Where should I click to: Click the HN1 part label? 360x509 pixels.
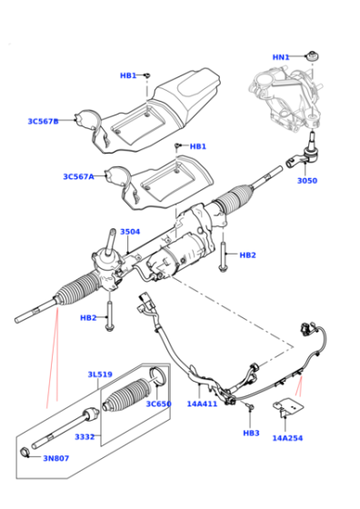pos(281,57)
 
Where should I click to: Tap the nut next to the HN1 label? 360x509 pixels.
pos(313,55)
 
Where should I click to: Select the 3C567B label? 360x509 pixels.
pos(43,122)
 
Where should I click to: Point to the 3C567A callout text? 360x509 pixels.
pos(78,176)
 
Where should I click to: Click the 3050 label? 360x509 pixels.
pos(307,181)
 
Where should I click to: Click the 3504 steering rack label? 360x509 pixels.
pos(130,232)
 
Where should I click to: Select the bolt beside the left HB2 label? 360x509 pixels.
pos(110,316)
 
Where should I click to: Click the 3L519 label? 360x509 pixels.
pos(100,374)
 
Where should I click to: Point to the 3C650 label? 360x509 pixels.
pos(158,404)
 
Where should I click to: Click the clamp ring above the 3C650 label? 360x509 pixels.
pos(157,376)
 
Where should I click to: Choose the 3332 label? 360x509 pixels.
pos(85,437)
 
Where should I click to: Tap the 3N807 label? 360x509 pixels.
pos(56,458)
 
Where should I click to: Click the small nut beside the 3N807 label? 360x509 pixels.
pos(25,453)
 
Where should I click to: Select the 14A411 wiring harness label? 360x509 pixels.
pos(202,404)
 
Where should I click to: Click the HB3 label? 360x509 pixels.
pos(251,433)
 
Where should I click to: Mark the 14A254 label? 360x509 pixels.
pos(287,438)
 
